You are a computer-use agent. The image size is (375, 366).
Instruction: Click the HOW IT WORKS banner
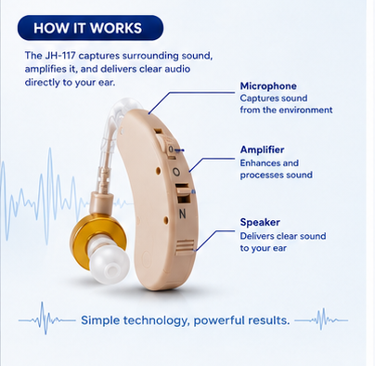coord(90,28)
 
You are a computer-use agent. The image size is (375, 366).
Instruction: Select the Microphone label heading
coord(268,86)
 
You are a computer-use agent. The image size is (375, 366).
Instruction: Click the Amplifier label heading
coord(262,150)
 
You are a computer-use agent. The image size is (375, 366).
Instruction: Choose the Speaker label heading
coord(260,222)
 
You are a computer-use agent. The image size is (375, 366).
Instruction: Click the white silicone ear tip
coord(109,260)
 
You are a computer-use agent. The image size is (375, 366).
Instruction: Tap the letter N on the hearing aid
coord(183,214)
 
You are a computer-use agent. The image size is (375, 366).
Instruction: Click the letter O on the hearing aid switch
coord(176,172)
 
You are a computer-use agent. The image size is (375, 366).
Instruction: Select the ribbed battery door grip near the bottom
coord(185,247)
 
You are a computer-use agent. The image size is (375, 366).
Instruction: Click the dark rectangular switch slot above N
coord(183,194)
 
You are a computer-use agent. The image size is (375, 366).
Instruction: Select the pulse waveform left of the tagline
coord(46,319)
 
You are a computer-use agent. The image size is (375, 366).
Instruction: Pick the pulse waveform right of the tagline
coord(321,320)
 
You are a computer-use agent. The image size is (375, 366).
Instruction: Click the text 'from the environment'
coord(286,110)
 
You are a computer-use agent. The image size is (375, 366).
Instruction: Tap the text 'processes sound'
coord(276,175)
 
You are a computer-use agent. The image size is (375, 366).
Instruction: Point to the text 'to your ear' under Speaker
coord(264,248)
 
